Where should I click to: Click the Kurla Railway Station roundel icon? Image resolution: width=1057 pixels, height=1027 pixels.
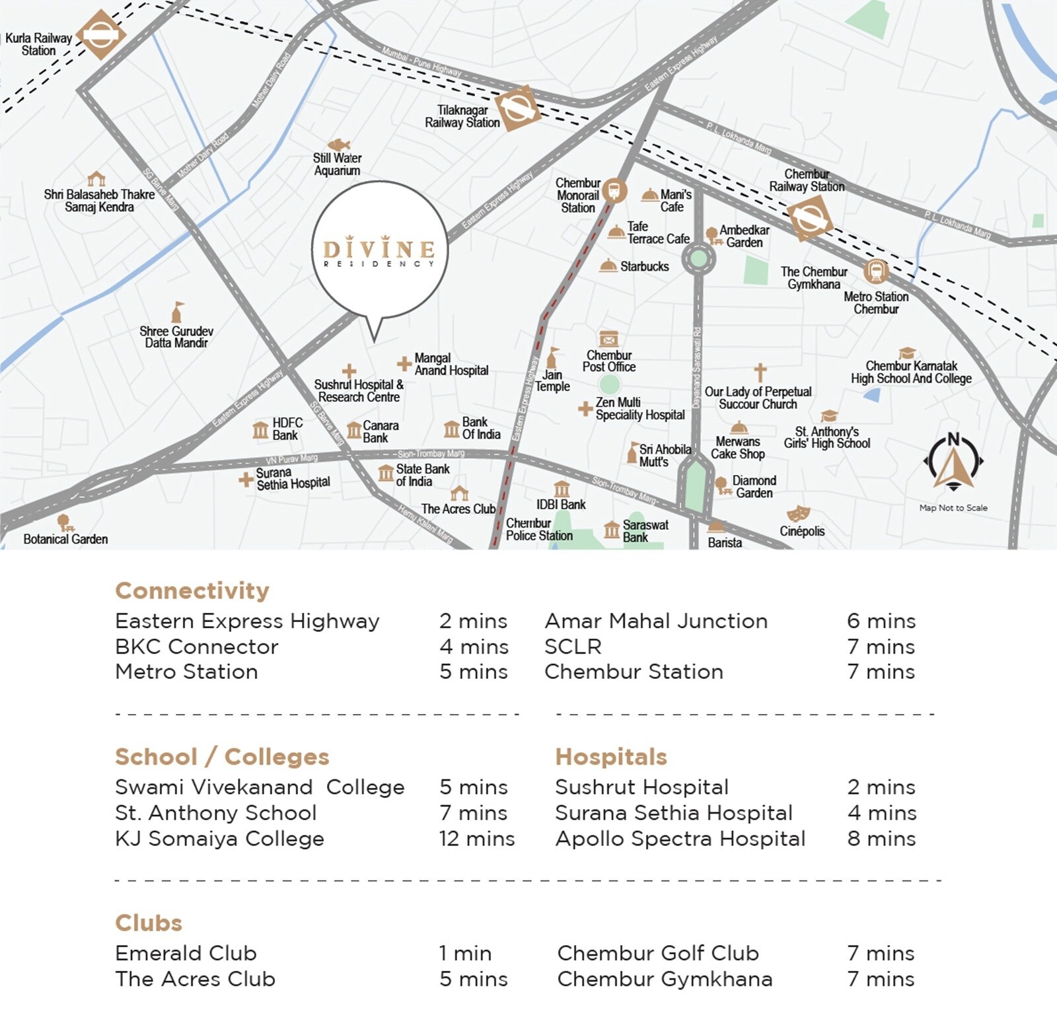tap(100, 35)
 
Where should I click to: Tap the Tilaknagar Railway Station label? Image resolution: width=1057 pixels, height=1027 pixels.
tap(462, 116)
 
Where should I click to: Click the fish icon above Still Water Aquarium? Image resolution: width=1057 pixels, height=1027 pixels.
tap(338, 145)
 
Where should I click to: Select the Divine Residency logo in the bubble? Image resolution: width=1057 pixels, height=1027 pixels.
tap(379, 251)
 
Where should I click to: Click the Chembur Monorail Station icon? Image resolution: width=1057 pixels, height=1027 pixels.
tap(614, 190)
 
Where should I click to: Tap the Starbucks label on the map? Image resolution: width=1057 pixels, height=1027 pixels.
tap(644, 266)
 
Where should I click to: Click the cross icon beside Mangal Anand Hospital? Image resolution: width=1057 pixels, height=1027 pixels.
tap(404, 363)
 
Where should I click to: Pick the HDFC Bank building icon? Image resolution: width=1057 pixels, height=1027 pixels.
tap(260, 430)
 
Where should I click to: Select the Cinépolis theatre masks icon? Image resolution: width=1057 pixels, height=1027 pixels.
tap(798, 513)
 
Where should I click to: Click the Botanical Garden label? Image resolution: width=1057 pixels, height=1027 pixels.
tap(65, 539)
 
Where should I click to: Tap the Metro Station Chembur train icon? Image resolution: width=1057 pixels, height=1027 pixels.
tap(877, 271)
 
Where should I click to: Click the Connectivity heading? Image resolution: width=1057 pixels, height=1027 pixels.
tap(192, 590)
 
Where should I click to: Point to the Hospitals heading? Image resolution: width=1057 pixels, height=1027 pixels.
tap(611, 757)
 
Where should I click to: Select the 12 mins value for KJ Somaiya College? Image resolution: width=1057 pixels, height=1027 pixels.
tap(476, 839)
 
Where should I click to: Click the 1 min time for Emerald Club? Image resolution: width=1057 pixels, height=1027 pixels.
tap(465, 953)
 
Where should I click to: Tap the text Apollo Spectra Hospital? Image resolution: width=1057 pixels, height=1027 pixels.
tap(680, 839)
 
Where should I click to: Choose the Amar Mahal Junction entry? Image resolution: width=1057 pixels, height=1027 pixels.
tap(656, 621)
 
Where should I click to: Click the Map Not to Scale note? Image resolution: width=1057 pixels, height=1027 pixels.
tap(953, 508)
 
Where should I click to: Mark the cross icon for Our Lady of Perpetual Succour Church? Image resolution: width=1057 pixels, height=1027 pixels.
tap(760, 372)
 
